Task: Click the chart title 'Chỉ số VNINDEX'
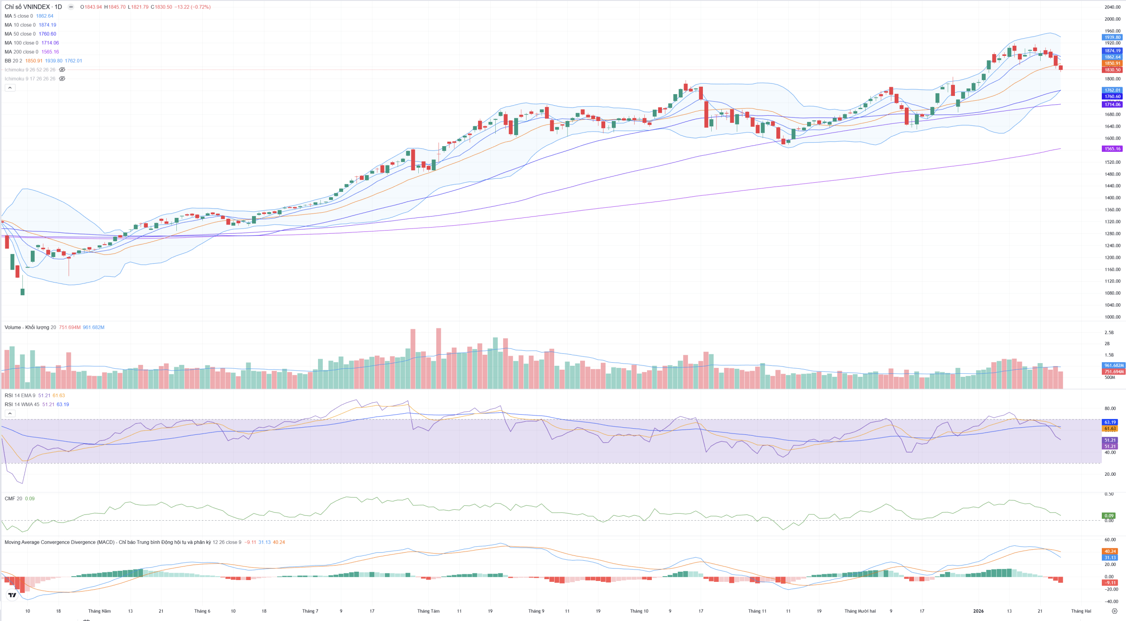tap(27, 7)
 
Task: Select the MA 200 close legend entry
tap(21, 52)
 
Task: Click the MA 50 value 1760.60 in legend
tap(47, 34)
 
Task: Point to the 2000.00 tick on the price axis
tap(1112, 19)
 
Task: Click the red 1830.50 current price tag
tap(1112, 70)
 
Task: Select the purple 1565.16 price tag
tap(1112, 149)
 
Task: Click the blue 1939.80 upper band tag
tap(1112, 37)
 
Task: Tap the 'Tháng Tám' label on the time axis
tap(428, 611)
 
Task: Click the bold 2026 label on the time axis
tap(978, 611)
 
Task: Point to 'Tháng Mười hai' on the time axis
tap(860, 611)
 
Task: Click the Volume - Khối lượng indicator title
tap(27, 327)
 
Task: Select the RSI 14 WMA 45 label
tap(22, 404)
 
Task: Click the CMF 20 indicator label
tap(13, 499)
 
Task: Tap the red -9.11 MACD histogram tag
tap(1110, 583)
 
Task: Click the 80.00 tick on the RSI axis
tap(1110, 409)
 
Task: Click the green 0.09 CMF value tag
tap(1109, 516)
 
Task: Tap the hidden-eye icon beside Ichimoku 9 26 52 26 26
tap(62, 70)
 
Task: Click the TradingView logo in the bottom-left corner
tap(12, 595)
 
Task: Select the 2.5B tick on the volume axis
tap(1109, 333)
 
